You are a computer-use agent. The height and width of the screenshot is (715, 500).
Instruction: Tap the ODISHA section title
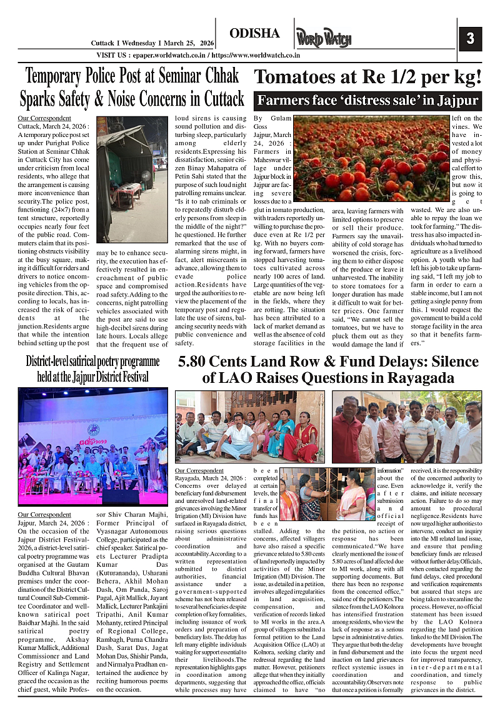[254, 34]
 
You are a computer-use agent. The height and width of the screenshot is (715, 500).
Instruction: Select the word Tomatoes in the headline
[306, 78]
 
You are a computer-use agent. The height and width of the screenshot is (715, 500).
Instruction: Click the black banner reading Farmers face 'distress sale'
[367, 100]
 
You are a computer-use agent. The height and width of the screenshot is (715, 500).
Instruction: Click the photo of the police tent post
[132, 179]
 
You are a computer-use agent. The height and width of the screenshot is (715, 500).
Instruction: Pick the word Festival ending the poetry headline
[132, 377]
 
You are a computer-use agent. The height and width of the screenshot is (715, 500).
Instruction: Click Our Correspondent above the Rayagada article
[199, 470]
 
